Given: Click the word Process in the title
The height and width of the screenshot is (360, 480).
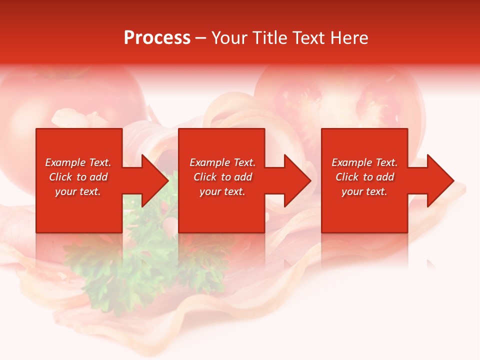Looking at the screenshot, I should (157, 38).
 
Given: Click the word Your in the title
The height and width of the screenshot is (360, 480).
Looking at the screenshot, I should (229, 38).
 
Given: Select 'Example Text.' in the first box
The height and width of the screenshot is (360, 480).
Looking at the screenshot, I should (78, 162).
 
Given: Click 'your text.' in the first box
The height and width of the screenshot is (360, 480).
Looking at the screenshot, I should (78, 191).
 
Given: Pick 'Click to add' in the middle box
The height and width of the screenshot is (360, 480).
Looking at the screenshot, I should (222, 177).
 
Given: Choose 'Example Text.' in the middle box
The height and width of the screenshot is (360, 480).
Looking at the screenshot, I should (222, 162).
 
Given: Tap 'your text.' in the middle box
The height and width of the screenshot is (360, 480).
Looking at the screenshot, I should (222, 191).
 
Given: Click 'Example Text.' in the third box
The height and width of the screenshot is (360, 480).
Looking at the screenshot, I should (364, 162).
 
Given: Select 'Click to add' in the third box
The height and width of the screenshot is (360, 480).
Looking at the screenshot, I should (364, 177).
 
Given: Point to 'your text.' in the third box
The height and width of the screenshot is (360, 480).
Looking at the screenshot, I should (364, 191).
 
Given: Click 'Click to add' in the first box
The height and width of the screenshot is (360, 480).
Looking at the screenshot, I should (78, 177).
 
